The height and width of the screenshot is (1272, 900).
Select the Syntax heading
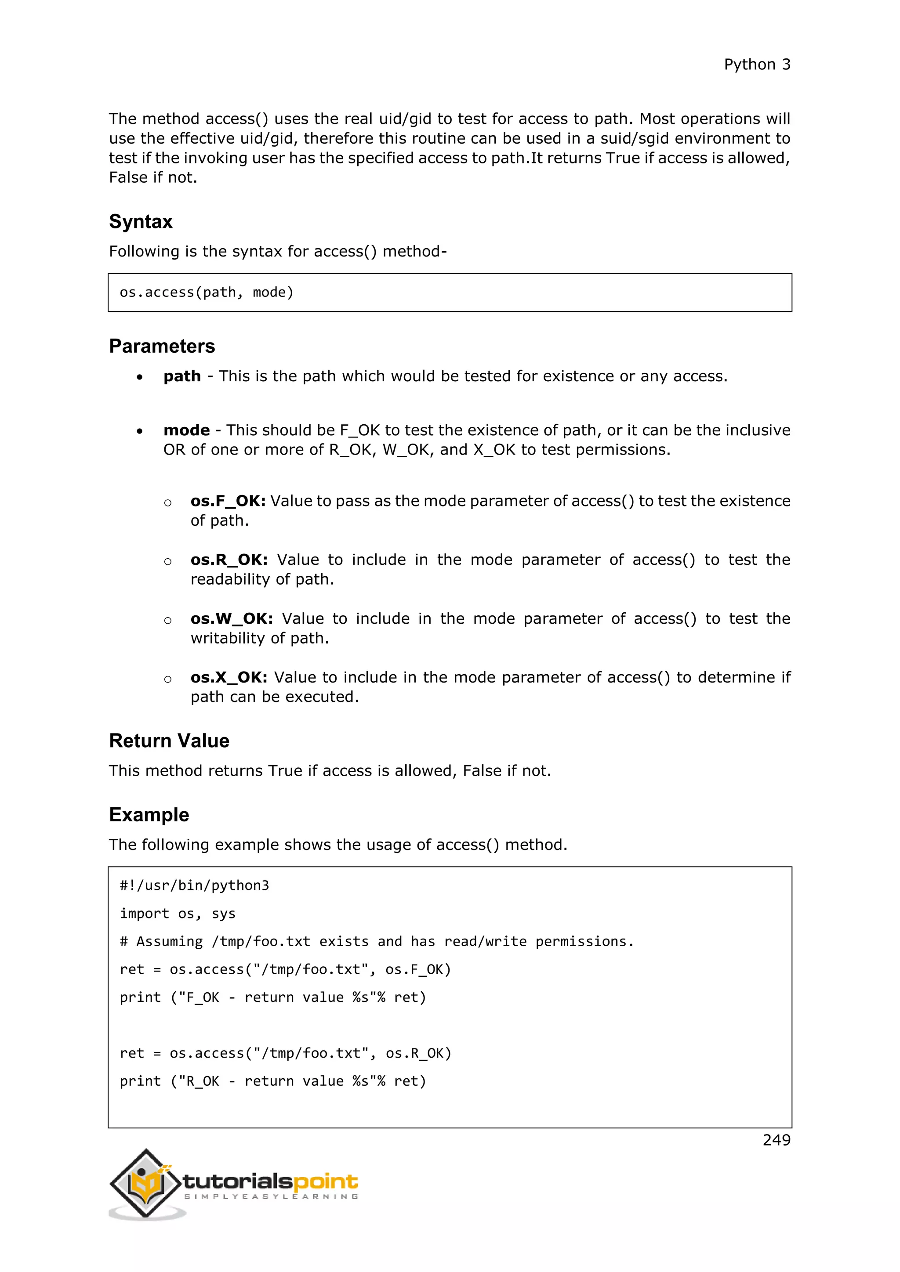point(141,222)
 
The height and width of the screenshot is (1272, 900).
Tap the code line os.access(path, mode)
point(206,292)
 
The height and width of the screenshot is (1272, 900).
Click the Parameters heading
point(162,346)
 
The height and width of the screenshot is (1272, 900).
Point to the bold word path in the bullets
point(182,376)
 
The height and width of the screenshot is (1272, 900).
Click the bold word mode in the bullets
point(186,430)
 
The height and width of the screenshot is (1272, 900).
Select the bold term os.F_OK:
point(228,501)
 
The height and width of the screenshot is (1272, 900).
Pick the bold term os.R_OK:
point(229,560)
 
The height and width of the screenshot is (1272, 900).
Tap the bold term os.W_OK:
point(232,618)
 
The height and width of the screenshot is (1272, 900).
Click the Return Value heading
point(169,741)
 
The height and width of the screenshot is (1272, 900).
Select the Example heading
point(149,815)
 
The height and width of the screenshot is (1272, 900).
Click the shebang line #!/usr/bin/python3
point(194,885)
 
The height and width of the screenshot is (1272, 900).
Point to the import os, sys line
point(178,914)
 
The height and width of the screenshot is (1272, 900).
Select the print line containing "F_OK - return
point(272,997)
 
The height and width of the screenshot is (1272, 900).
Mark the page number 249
point(776,1140)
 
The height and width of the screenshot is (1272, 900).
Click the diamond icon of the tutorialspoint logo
point(146,1183)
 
